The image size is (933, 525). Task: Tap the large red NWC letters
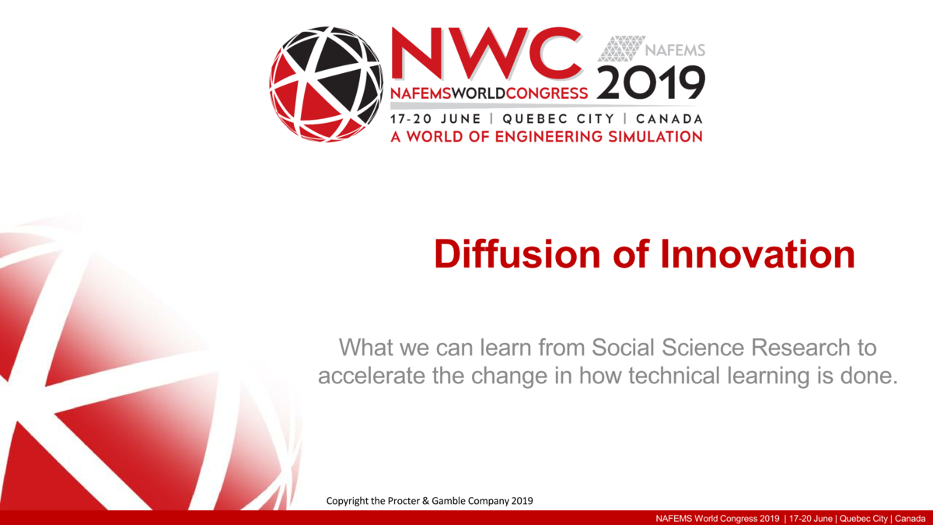coord(487,54)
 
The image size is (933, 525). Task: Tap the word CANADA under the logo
coord(669,119)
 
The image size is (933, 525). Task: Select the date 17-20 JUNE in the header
coord(436,119)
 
